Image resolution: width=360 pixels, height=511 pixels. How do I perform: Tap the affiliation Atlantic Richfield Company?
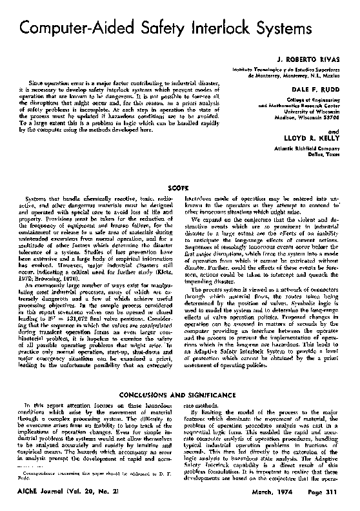click(308, 147)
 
